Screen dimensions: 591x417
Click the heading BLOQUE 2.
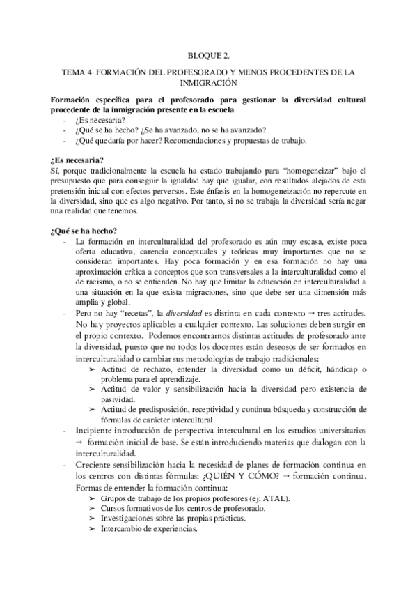point(208,54)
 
